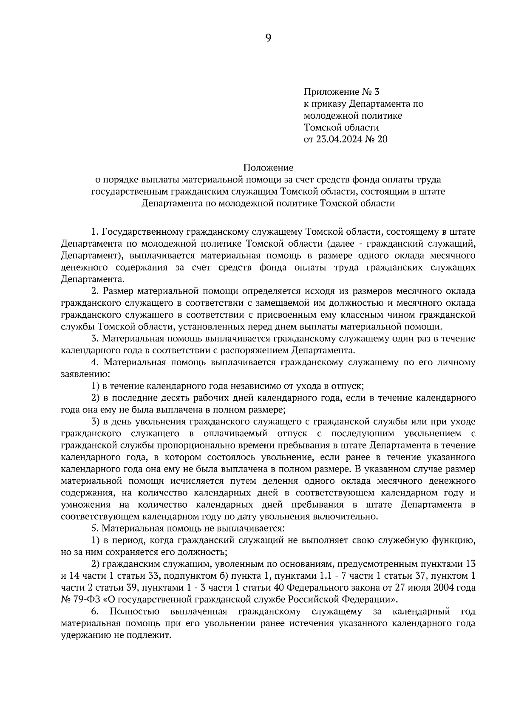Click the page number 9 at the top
pos(268,38)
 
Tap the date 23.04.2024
pos(337,139)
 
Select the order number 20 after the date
pos(382,139)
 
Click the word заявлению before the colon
pos(84,375)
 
